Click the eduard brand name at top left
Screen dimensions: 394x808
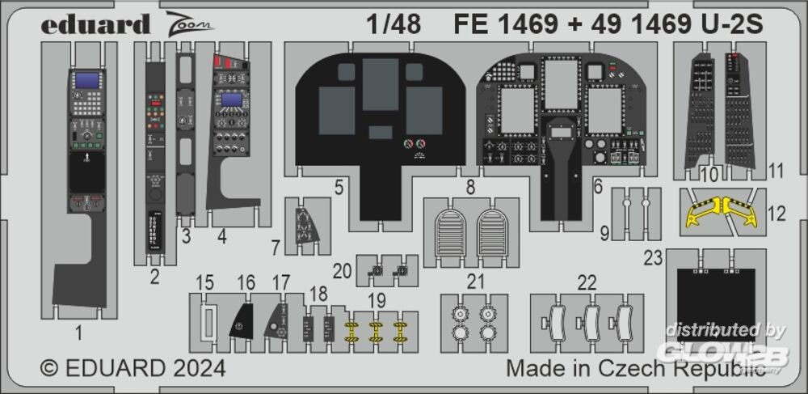coord(95,24)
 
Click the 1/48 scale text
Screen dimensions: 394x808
coord(392,25)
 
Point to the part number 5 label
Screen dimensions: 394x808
coord(339,188)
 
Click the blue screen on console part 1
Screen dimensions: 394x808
coord(86,81)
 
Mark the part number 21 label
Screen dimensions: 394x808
coord(475,282)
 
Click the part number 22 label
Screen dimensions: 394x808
coord(587,282)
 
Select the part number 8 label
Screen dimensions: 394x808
coord(469,188)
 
